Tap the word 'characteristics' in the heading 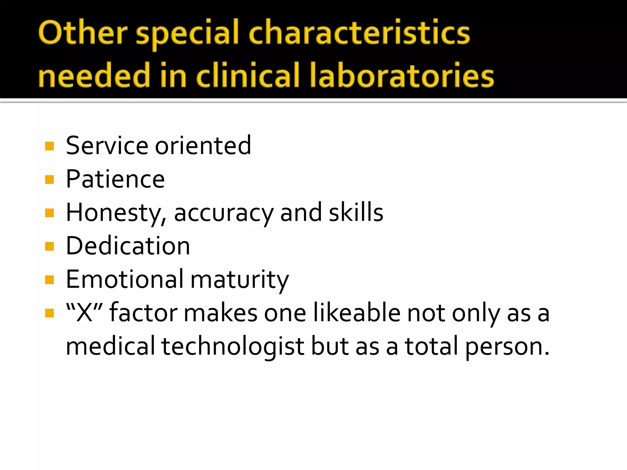(359, 33)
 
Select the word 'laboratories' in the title (402, 75)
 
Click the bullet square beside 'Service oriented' (49, 146)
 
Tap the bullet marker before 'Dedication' (49, 246)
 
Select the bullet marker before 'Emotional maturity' (49, 280)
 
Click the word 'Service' (107, 146)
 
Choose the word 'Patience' (115, 179)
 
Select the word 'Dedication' (128, 246)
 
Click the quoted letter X (84, 313)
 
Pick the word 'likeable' (357, 313)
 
